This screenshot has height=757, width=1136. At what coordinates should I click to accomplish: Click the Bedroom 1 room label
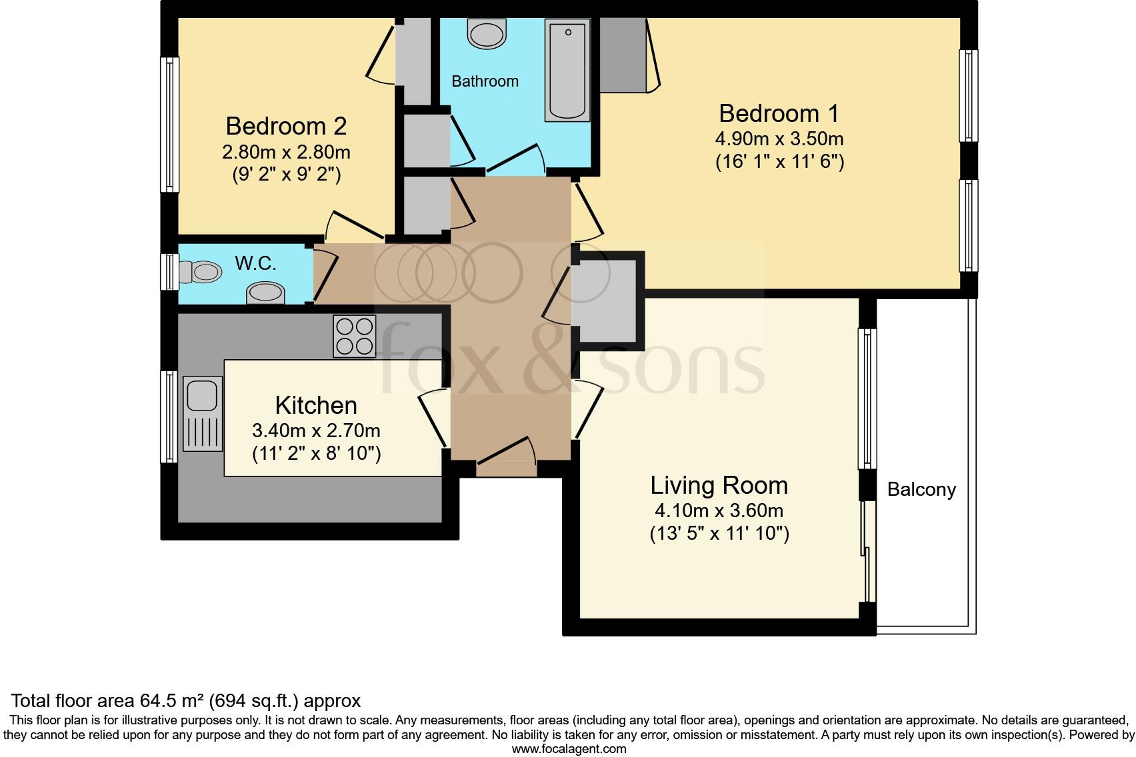(x=779, y=113)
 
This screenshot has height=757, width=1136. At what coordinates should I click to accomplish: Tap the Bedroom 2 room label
(x=286, y=126)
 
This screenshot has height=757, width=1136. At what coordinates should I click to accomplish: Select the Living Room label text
(x=719, y=485)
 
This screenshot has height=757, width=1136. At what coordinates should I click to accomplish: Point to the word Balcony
(x=921, y=490)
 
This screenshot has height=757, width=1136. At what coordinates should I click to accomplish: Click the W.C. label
(x=255, y=263)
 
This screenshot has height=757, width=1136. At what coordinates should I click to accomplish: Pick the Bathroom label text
(x=485, y=81)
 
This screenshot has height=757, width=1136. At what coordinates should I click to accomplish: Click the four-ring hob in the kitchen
(x=354, y=336)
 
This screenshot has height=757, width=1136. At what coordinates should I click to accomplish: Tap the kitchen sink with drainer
(x=202, y=413)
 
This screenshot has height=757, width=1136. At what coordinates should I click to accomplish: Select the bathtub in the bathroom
(x=567, y=70)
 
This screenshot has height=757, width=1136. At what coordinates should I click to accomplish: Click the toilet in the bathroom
(x=487, y=32)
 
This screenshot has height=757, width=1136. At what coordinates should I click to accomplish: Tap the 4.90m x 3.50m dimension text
(x=779, y=139)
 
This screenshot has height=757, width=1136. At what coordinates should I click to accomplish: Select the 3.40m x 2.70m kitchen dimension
(x=316, y=430)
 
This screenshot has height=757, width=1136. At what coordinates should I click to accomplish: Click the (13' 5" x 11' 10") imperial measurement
(x=719, y=534)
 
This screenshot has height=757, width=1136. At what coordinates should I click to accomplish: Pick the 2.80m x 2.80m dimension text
(x=286, y=152)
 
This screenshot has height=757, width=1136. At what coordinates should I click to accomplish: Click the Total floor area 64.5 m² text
(x=186, y=700)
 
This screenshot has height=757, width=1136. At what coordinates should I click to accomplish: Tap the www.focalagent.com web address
(x=569, y=748)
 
